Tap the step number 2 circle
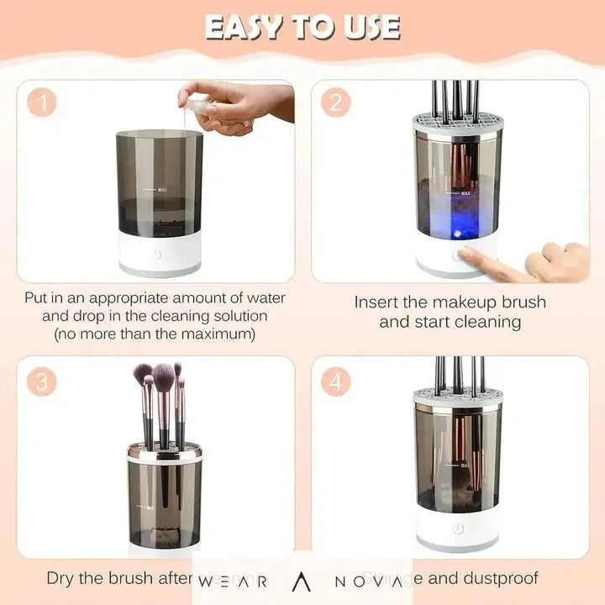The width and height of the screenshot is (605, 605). (335, 103)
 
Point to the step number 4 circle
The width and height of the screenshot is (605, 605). (335, 382)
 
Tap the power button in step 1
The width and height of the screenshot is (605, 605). (159, 253)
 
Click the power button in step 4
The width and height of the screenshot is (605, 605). (457, 529)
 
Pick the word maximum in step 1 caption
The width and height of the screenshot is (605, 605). (213, 334)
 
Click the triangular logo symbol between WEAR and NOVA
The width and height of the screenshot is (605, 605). (302, 581)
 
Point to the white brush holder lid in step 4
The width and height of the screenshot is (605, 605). (457, 397)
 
